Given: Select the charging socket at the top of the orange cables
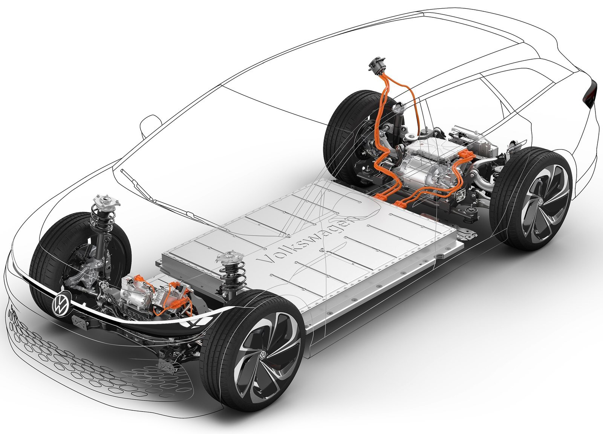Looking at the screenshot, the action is [377, 65].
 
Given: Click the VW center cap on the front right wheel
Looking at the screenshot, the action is [263, 356].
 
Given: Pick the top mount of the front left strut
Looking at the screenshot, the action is [106, 201].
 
